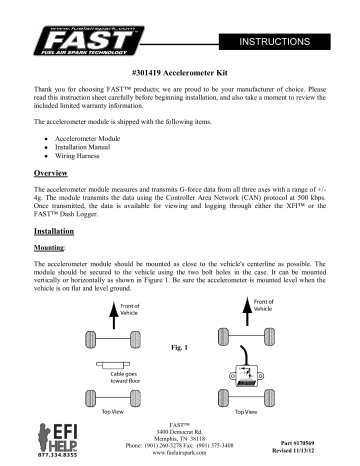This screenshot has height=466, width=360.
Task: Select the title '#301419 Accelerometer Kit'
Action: pyautogui.click(x=179, y=75)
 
